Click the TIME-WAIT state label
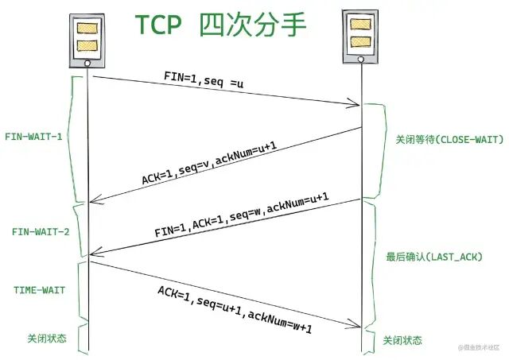(x=39, y=290)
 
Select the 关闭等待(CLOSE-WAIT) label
(x=449, y=139)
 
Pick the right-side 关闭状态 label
(x=403, y=339)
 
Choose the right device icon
(x=360, y=36)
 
